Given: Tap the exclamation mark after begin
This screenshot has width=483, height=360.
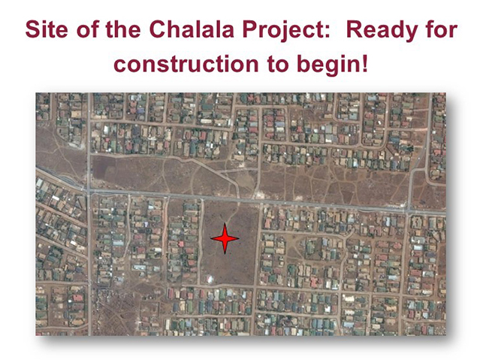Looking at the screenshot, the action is coord(365,63).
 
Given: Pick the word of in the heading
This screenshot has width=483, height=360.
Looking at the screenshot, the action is coord(88,29).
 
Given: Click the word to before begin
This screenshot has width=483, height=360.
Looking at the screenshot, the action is coord(278,64).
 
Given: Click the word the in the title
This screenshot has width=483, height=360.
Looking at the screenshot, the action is coord(123,29).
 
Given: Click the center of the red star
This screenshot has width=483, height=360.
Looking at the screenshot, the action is coord(225,238).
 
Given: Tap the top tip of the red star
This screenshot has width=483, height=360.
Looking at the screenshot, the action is coord(225,223).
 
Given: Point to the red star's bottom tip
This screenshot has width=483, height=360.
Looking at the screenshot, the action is coord(225,254).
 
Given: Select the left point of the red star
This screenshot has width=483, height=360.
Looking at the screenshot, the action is coord(210,238).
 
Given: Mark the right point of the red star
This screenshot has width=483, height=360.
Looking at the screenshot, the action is coord(239,238).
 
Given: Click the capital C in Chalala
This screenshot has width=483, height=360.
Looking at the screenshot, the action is coord(157,29).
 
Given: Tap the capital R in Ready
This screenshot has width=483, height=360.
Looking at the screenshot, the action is coord(355,29).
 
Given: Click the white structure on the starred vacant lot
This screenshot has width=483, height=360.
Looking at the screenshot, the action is coord(210,280).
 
